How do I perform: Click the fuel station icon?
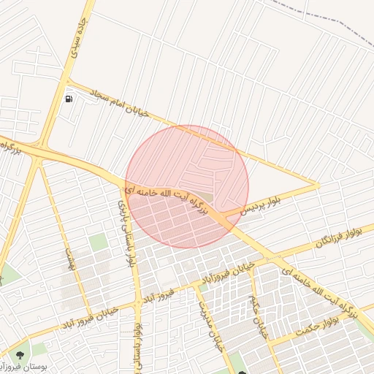point(69,98)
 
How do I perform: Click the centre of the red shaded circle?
point(187,186)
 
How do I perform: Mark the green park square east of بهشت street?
point(98,243)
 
